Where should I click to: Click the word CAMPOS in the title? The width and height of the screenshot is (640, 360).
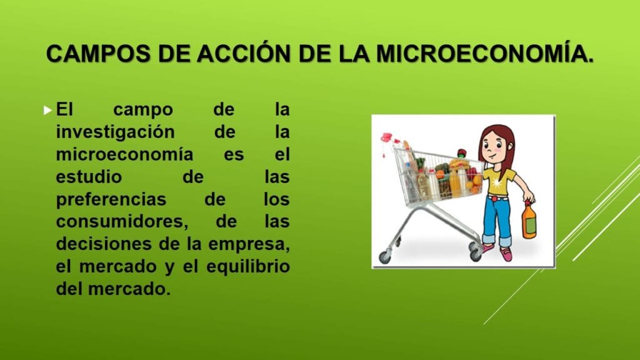(98, 54)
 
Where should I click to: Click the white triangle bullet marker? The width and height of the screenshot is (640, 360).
(47, 110)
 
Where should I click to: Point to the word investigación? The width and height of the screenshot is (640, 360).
(116, 132)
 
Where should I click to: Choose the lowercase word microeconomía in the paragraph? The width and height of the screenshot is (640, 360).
(124, 154)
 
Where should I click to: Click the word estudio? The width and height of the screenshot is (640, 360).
(89, 177)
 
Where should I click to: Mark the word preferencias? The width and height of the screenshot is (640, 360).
(111, 199)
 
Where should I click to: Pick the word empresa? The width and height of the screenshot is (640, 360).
(249, 244)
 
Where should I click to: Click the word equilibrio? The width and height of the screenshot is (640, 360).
(248, 266)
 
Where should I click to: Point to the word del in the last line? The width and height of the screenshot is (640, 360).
(69, 289)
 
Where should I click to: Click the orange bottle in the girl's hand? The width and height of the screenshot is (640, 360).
(529, 221)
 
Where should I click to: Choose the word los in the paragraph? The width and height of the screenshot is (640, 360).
(276, 199)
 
